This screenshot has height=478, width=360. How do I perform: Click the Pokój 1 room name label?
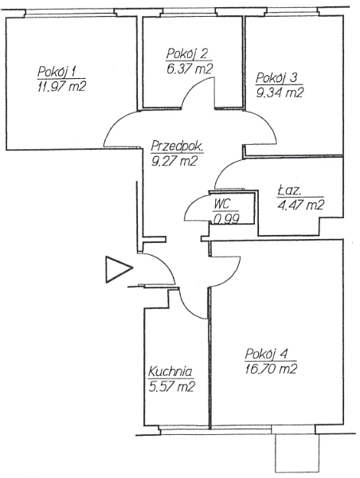(x=57, y=72)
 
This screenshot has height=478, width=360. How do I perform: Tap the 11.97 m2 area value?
(x=60, y=86)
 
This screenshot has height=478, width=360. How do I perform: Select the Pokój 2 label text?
(x=188, y=54)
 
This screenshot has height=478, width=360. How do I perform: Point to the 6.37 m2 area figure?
(x=190, y=69)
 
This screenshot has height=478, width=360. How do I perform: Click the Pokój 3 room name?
(x=276, y=78)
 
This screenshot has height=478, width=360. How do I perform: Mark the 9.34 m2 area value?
(x=280, y=92)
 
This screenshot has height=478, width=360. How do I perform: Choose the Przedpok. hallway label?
(x=177, y=147)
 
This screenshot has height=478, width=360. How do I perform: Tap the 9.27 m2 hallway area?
(x=174, y=161)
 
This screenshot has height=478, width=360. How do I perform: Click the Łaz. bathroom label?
(x=289, y=191)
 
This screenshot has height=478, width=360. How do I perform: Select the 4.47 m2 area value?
(x=300, y=206)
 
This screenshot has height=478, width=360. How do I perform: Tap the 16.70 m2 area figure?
(x=272, y=369)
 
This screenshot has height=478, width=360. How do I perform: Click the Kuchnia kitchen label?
(x=170, y=372)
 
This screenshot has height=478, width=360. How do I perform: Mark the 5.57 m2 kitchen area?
(x=172, y=387)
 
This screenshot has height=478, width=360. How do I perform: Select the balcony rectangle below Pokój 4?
(x=296, y=453)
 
